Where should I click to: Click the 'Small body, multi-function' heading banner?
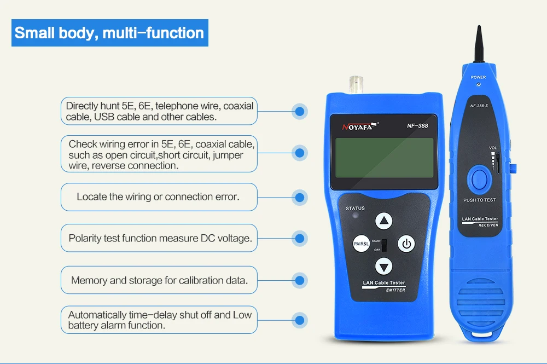point(109,33)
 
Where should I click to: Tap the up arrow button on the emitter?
point(384,221)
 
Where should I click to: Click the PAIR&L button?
point(361,244)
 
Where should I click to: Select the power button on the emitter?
point(406,244)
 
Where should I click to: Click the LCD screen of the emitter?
point(384,158)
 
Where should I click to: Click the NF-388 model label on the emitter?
point(417,126)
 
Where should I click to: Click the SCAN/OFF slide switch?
point(384,245)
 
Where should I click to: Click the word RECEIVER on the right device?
point(488,226)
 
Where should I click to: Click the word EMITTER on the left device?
point(395,290)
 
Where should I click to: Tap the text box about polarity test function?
point(159,238)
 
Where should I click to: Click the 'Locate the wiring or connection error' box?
point(159,197)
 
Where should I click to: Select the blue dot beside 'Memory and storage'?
point(299,280)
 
